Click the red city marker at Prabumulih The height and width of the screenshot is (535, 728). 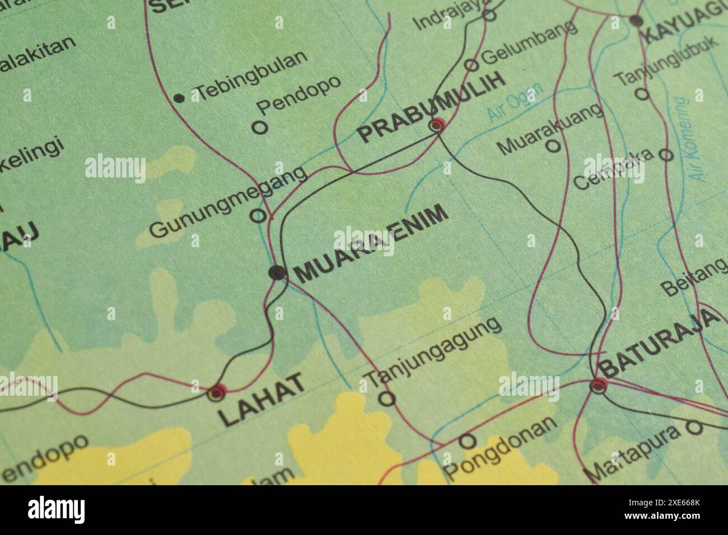(437, 125)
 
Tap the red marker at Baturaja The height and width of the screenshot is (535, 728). (598, 385)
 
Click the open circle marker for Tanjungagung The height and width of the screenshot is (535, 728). (387, 398)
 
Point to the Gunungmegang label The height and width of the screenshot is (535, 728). (230, 203)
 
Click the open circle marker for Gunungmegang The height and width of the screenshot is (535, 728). (258, 215)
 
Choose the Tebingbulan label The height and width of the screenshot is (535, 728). (251, 75)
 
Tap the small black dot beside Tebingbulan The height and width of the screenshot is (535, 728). (179, 98)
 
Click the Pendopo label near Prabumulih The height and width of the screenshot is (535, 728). (298, 96)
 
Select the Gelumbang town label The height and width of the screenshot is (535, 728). (529, 41)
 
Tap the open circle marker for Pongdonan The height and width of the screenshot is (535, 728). (468, 442)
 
